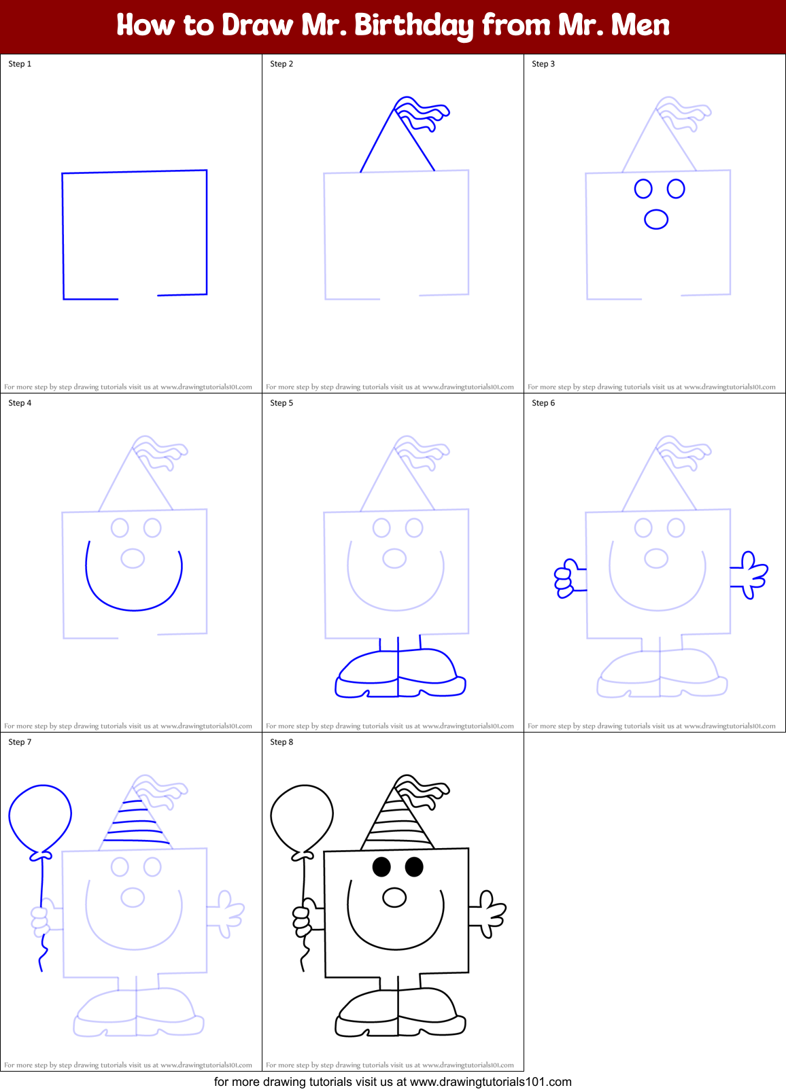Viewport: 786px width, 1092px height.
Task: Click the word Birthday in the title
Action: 413,26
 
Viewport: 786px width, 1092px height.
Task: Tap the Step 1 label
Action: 20,64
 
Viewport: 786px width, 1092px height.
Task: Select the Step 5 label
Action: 281,403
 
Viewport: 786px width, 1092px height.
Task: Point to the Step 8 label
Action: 281,742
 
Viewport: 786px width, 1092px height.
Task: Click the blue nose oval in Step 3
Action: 656,219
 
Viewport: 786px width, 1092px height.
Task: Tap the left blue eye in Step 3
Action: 643,189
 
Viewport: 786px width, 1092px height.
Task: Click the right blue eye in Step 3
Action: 676,188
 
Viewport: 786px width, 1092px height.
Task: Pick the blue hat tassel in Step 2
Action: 425,114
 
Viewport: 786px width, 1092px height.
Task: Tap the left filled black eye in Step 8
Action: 381,866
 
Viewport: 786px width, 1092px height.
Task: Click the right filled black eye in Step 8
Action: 414,866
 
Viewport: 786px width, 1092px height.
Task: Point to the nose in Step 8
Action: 394,897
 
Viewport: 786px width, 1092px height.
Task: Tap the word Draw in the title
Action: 257,26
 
